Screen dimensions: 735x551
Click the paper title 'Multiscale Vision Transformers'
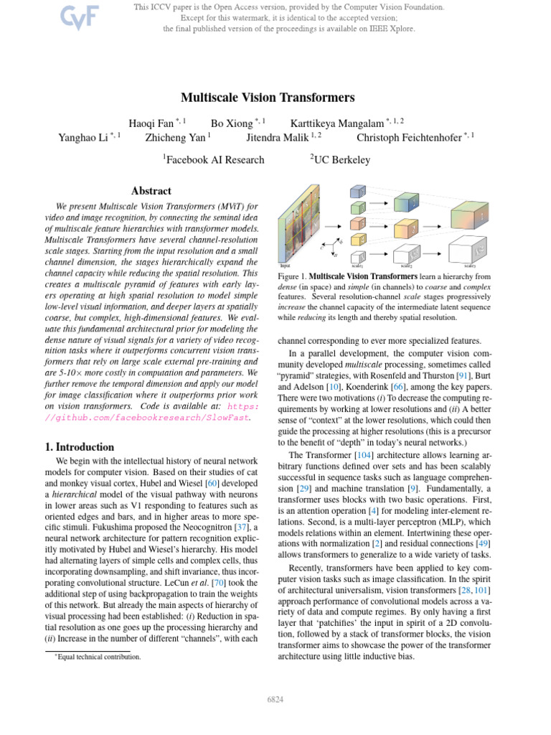click(268, 97)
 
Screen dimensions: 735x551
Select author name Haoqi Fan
click(149, 123)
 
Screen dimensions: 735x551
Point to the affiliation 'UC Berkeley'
click(339, 159)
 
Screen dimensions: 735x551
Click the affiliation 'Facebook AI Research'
click(213, 159)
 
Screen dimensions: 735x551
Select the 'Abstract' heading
click(151, 191)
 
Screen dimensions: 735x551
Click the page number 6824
click(275, 698)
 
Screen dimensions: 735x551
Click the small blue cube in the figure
click(357, 192)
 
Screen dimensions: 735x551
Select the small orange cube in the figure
click(357, 225)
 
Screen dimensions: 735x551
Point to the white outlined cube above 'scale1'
click(358, 256)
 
